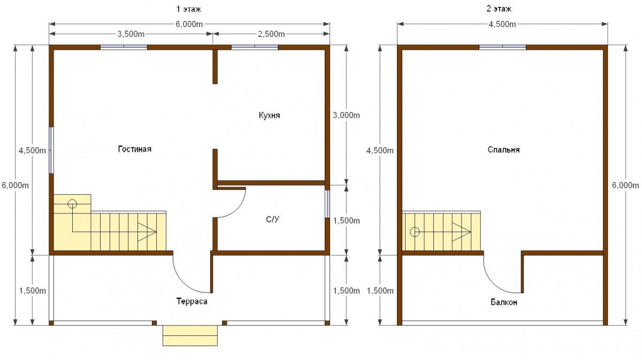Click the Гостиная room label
[135, 149]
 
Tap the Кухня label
[269, 115]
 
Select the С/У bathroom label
[272, 219]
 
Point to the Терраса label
[192, 302]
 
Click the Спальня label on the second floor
[503, 150]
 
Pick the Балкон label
[504, 302]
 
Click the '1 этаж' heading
[188, 9]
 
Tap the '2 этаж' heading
[499, 9]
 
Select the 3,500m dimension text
[131, 34]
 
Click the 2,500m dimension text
[271, 34]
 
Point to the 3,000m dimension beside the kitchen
[346, 115]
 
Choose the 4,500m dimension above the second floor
[502, 25]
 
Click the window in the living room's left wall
[51, 150]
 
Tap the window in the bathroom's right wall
[327, 204]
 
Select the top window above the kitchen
[255, 47]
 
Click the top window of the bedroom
[502, 47]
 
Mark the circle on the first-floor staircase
[72, 204]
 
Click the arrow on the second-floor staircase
[461, 232]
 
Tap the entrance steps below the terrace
[190, 335]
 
